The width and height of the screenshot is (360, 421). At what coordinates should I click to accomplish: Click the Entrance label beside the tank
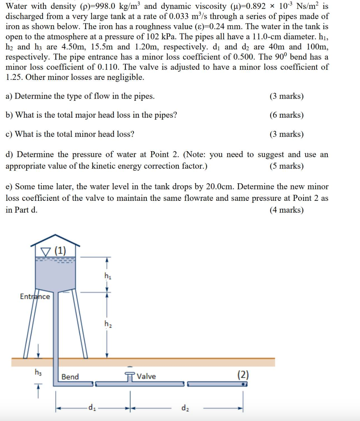35,296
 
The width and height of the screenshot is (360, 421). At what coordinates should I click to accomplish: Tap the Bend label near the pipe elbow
70,377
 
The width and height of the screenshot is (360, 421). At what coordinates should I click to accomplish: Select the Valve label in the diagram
146,376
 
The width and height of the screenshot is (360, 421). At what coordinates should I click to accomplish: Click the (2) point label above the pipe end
243,375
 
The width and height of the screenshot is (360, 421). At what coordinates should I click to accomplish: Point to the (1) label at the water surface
60,250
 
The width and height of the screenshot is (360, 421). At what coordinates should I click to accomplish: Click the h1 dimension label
108,276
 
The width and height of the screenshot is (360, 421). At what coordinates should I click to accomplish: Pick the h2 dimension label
108,324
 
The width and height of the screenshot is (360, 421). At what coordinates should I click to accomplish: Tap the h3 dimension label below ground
38,372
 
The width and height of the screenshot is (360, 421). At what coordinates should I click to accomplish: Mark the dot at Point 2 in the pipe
243,384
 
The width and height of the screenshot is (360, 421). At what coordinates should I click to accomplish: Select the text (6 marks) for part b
286,115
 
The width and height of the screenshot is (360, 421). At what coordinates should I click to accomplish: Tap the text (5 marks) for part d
286,166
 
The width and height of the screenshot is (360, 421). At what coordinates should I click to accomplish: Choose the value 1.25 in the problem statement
13,77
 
